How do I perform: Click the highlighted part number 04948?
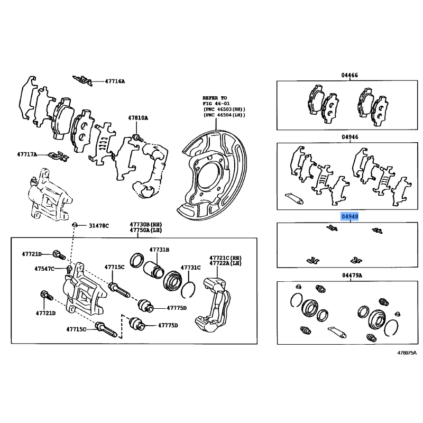point(350,217)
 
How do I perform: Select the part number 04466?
point(350,75)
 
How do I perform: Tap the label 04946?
point(350,137)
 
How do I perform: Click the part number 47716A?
point(115,81)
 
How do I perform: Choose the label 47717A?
point(27,154)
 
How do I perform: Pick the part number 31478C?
point(99,226)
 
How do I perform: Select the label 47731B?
point(159,249)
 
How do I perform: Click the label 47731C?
point(191,268)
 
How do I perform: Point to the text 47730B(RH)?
point(142,225)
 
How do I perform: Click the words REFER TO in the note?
point(214,98)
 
